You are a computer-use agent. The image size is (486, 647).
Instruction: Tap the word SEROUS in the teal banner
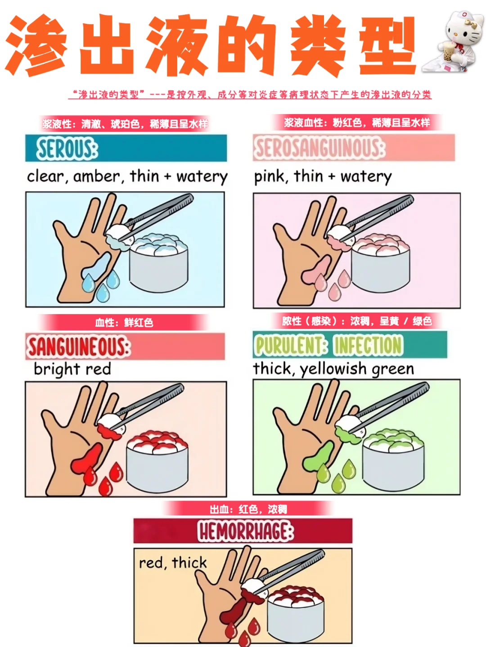(x=67, y=149)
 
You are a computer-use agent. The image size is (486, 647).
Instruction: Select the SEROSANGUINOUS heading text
(x=319, y=148)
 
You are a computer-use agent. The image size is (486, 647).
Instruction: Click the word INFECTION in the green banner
(x=368, y=346)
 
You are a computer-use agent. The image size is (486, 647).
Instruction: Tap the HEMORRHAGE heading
(x=245, y=532)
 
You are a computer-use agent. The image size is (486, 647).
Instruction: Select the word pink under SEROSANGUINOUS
(x=270, y=176)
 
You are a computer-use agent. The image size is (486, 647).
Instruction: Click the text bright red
(x=72, y=369)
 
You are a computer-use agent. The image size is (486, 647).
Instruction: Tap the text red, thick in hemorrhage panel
(x=172, y=563)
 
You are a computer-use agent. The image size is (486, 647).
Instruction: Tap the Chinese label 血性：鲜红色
(x=124, y=323)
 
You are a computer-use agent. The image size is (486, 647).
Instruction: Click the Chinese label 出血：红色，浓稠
(x=248, y=509)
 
